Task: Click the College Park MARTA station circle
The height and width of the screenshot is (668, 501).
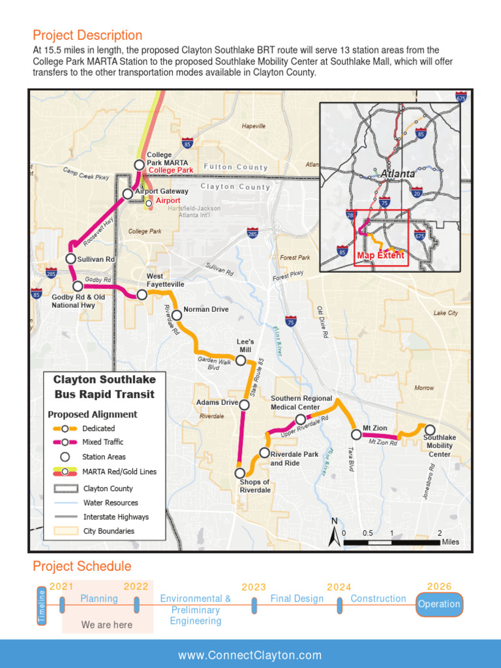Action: coord(139,165)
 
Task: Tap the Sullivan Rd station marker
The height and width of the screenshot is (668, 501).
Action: coord(71,258)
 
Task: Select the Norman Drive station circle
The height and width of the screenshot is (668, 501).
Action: coord(176,316)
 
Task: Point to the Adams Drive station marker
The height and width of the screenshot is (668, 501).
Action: coord(244,404)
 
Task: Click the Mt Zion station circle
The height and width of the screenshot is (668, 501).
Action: coord(356,434)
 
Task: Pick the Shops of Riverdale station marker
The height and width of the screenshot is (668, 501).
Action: coord(240,473)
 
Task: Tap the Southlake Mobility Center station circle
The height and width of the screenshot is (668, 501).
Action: coord(430,429)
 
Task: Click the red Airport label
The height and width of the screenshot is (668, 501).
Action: coord(168,200)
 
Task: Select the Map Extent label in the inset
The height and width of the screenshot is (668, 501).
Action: coord(380,255)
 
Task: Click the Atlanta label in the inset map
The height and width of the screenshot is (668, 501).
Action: coord(397,174)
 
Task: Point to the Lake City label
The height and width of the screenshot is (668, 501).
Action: coord(446,313)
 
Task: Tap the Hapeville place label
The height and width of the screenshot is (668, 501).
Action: coord(254,126)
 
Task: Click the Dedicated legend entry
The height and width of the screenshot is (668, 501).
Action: coord(98,429)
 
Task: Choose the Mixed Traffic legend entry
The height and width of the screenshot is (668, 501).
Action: coord(102,442)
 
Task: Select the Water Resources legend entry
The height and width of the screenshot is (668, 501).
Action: coord(110,503)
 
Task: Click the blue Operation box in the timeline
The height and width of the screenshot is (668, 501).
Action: coord(439,604)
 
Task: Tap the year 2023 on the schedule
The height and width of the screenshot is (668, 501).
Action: coord(254,587)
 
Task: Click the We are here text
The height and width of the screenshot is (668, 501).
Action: coord(107,625)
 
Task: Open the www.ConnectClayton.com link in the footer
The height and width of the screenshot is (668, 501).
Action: coord(250,655)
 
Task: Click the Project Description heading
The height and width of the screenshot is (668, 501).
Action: coord(87,35)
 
